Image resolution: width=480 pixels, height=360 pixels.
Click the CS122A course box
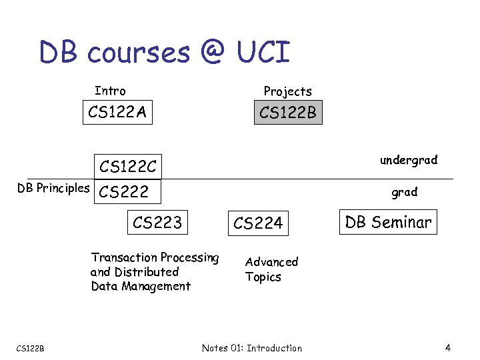(x=117, y=112)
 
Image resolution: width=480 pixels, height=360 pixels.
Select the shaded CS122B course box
(x=288, y=113)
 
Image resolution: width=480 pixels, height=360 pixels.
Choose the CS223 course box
(x=157, y=222)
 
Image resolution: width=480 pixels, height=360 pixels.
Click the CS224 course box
(x=258, y=223)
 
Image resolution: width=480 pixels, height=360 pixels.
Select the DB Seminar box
(x=388, y=222)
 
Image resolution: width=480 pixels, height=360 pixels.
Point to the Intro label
(x=110, y=91)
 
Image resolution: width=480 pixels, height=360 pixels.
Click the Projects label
(x=287, y=91)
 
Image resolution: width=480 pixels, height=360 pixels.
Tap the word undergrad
(x=409, y=160)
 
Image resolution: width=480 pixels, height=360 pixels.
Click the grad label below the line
(x=404, y=193)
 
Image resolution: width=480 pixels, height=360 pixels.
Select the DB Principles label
(x=53, y=188)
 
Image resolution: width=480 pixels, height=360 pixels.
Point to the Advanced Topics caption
(x=271, y=269)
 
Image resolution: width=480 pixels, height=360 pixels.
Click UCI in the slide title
(x=264, y=52)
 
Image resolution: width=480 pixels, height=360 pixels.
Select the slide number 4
(x=448, y=347)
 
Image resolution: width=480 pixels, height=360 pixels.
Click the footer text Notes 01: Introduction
(x=251, y=348)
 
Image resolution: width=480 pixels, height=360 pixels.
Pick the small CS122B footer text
(x=30, y=348)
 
